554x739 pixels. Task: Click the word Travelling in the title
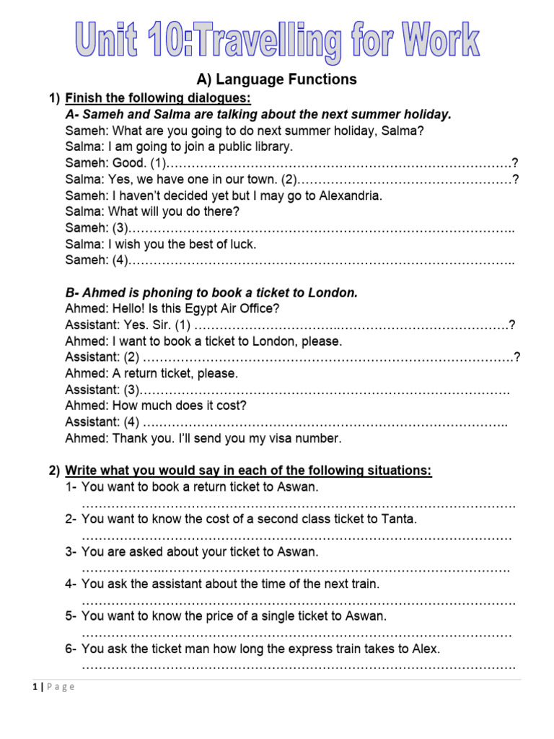point(266,41)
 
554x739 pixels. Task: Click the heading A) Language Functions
point(277,79)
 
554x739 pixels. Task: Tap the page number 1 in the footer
point(35,687)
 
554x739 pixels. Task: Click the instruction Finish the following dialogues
point(158,98)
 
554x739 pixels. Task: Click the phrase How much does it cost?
point(180,406)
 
